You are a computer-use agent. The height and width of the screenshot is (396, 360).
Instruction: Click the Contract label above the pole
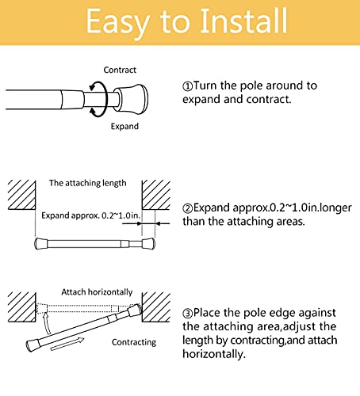coord(120,70)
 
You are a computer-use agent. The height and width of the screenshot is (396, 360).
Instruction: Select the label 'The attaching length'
coord(87,183)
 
